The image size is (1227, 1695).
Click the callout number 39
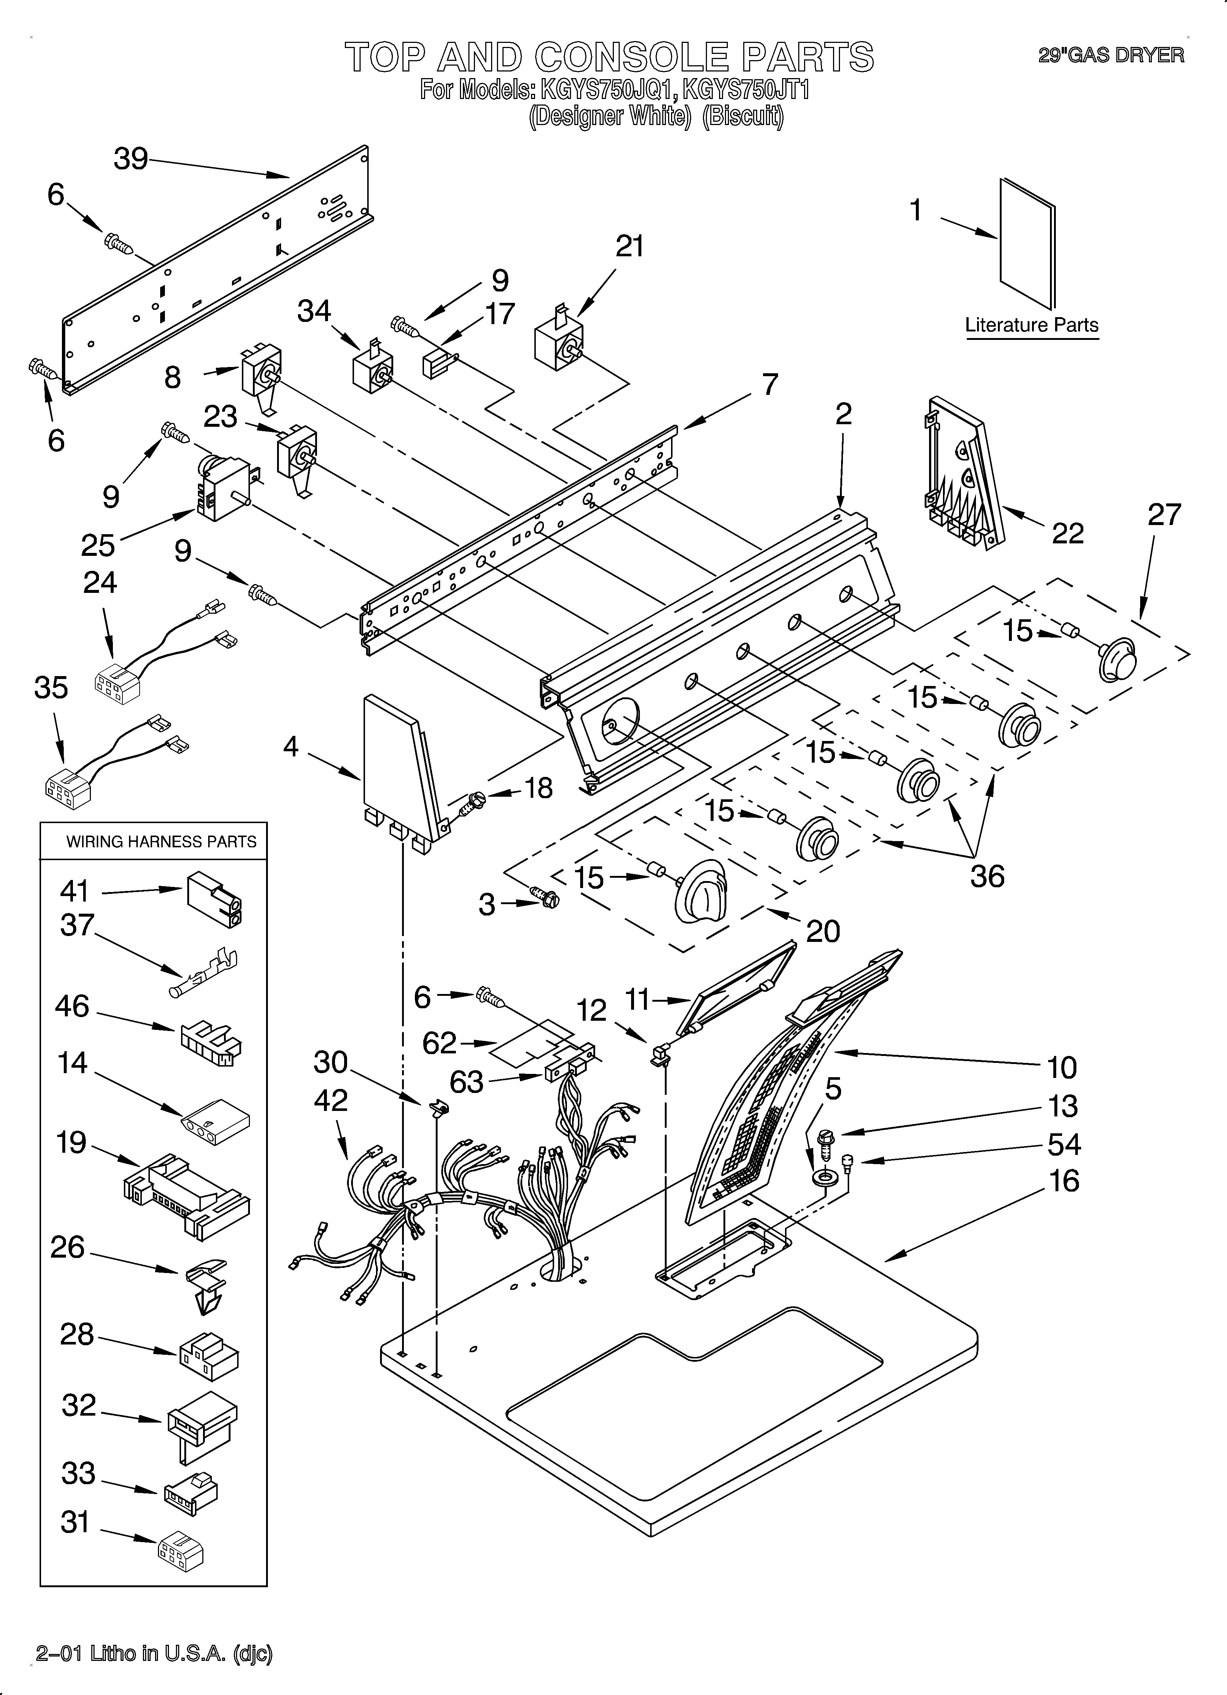pos(131,159)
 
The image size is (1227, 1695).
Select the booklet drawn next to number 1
pos(1028,243)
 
